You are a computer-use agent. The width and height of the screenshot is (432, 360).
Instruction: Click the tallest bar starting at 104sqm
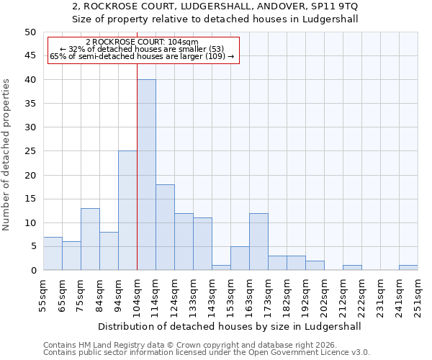pyautogui.click(x=146, y=175)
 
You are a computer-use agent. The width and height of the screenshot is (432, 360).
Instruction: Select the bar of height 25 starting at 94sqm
pyautogui.click(x=127, y=210)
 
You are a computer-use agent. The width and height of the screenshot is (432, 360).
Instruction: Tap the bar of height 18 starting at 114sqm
pyautogui.click(x=165, y=227)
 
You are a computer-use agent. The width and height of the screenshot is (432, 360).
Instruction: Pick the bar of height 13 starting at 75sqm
pyautogui.click(x=90, y=239)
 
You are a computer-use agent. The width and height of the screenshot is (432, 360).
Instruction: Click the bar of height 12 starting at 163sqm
pyautogui.click(x=258, y=241)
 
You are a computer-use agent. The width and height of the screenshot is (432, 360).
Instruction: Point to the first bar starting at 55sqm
pyautogui.click(x=53, y=253)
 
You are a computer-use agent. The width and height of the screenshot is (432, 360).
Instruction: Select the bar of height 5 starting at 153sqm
pyautogui.click(x=240, y=258)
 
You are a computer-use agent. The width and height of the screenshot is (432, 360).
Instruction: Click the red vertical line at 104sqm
pyautogui.click(x=137, y=166)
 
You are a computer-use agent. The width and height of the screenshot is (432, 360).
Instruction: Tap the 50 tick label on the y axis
pyautogui.click(x=30, y=32)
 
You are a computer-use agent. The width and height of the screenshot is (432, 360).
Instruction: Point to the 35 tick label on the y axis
pyautogui.click(x=30, y=104)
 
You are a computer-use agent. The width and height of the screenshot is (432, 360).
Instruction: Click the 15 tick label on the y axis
pyautogui.click(x=30, y=199)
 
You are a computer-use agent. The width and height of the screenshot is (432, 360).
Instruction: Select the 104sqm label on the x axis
pyautogui.click(x=137, y=295)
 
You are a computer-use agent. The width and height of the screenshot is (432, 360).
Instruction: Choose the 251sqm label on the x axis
pyautogui.click(x=418, y=295)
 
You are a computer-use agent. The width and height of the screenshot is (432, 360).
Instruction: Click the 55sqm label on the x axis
pyautogui.click(x=43, y=295)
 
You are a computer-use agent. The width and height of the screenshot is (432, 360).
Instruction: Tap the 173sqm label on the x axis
pyautogui.click(x=268, y=295)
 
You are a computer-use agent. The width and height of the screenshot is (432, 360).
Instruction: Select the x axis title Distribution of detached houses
pyautogui.click(x=230, y=326)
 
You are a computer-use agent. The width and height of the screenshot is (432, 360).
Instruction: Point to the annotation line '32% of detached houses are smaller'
pyautogui.click(x=143, y=49)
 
